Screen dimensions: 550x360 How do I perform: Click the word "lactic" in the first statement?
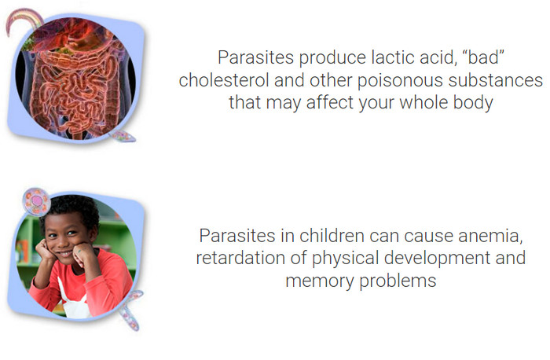point(393,57)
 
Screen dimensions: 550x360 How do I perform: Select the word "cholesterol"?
point(224,80)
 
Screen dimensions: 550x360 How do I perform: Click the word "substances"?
point(496,80)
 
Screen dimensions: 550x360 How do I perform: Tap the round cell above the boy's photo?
point(36,201)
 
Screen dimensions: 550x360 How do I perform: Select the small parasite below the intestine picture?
point(123,135)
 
